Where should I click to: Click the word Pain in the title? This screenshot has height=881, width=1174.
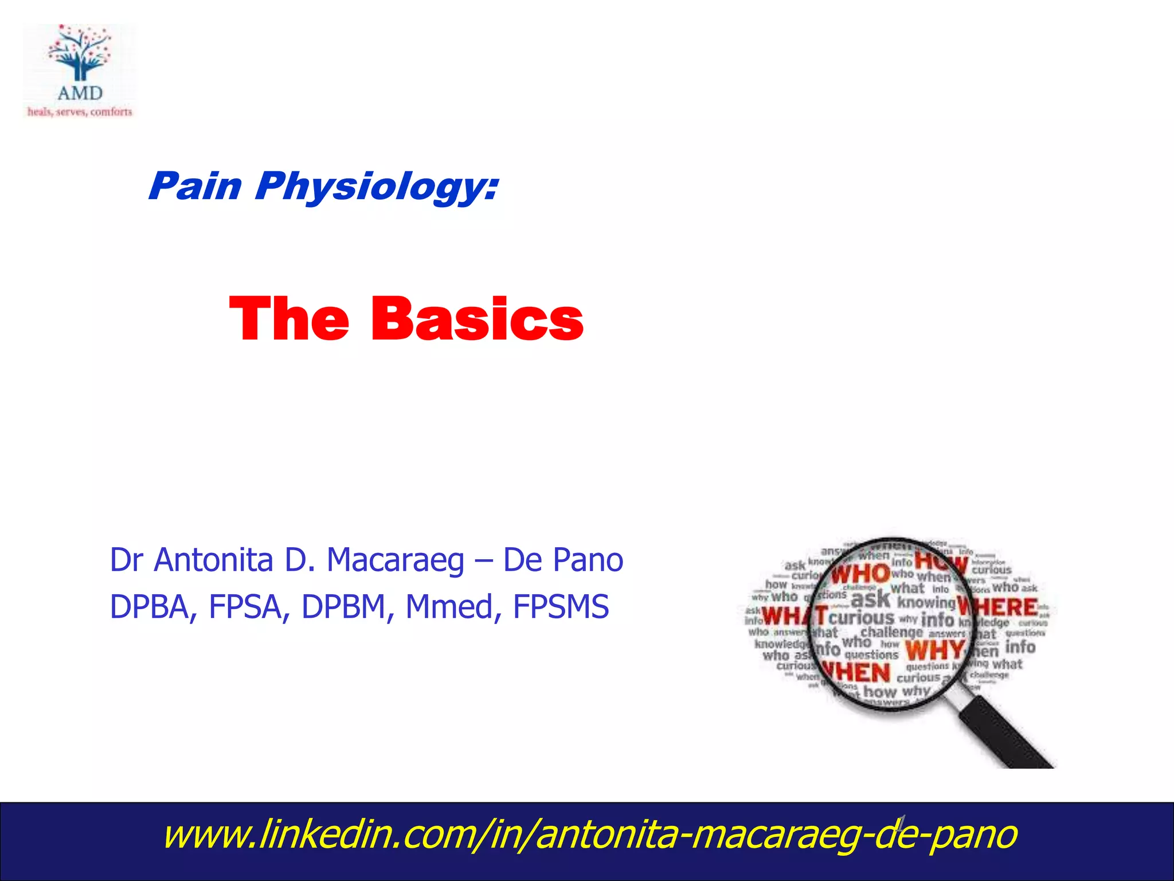(195, 186)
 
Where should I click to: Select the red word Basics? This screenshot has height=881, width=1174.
(477, 319)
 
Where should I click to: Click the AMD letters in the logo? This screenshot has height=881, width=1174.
(80, 93)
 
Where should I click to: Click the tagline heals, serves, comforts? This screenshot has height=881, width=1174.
(80, 112)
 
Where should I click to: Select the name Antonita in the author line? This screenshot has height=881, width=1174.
(213, 560)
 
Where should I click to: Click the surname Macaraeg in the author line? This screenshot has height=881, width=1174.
(396, 561)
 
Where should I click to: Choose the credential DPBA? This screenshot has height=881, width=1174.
(149, 607)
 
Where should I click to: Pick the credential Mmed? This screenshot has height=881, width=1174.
(449, 607)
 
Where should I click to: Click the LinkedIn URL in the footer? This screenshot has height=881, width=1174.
(590, 835)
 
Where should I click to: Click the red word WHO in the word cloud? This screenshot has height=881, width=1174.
(860, 574)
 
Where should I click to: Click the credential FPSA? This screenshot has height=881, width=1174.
(245, 607)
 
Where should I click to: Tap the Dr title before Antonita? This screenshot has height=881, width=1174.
(127, 560)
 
